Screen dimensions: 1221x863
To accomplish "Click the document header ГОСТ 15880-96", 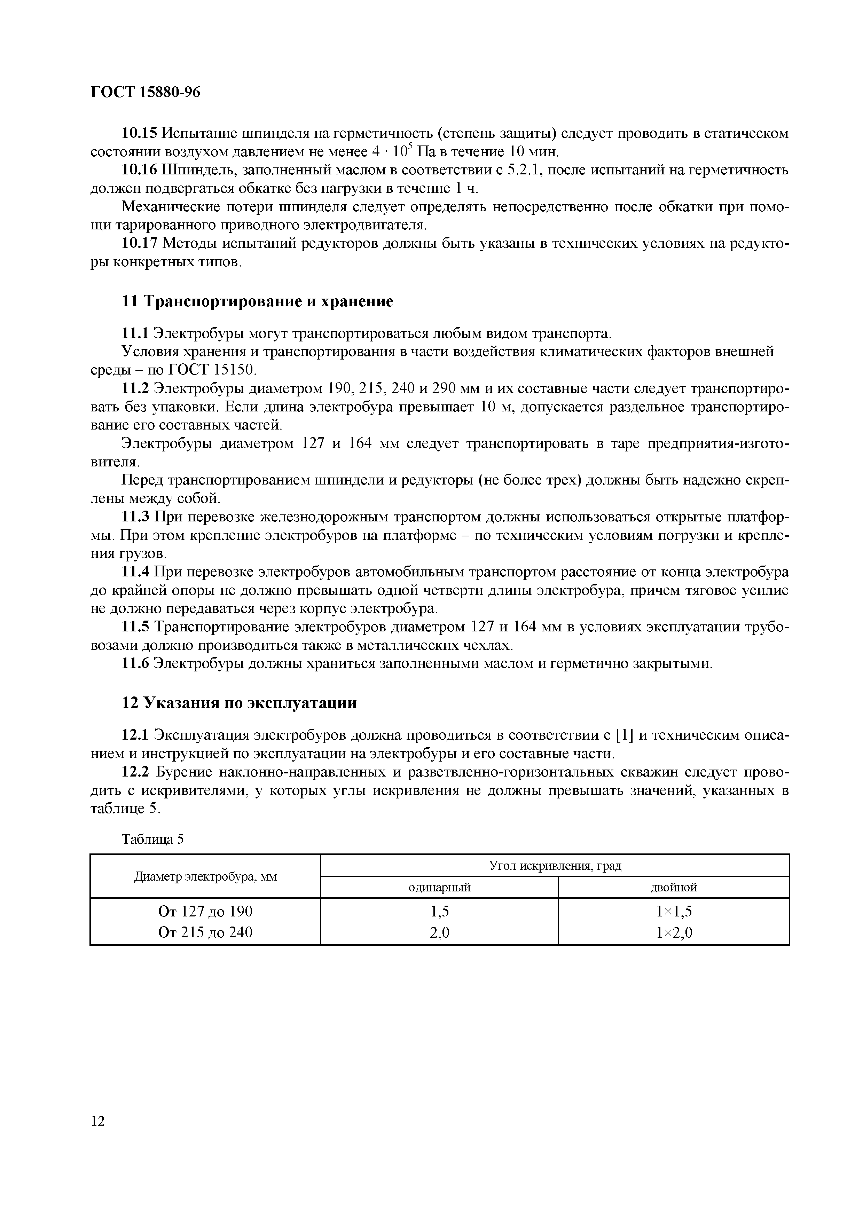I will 145,93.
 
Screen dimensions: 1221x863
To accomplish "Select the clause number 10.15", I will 140,133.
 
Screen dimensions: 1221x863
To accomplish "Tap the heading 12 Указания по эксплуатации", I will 239,703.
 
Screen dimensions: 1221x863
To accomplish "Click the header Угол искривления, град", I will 555,866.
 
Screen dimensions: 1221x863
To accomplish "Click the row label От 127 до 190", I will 205,912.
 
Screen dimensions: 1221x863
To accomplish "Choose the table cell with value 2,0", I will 439,932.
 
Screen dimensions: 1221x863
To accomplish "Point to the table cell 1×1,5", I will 673,912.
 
